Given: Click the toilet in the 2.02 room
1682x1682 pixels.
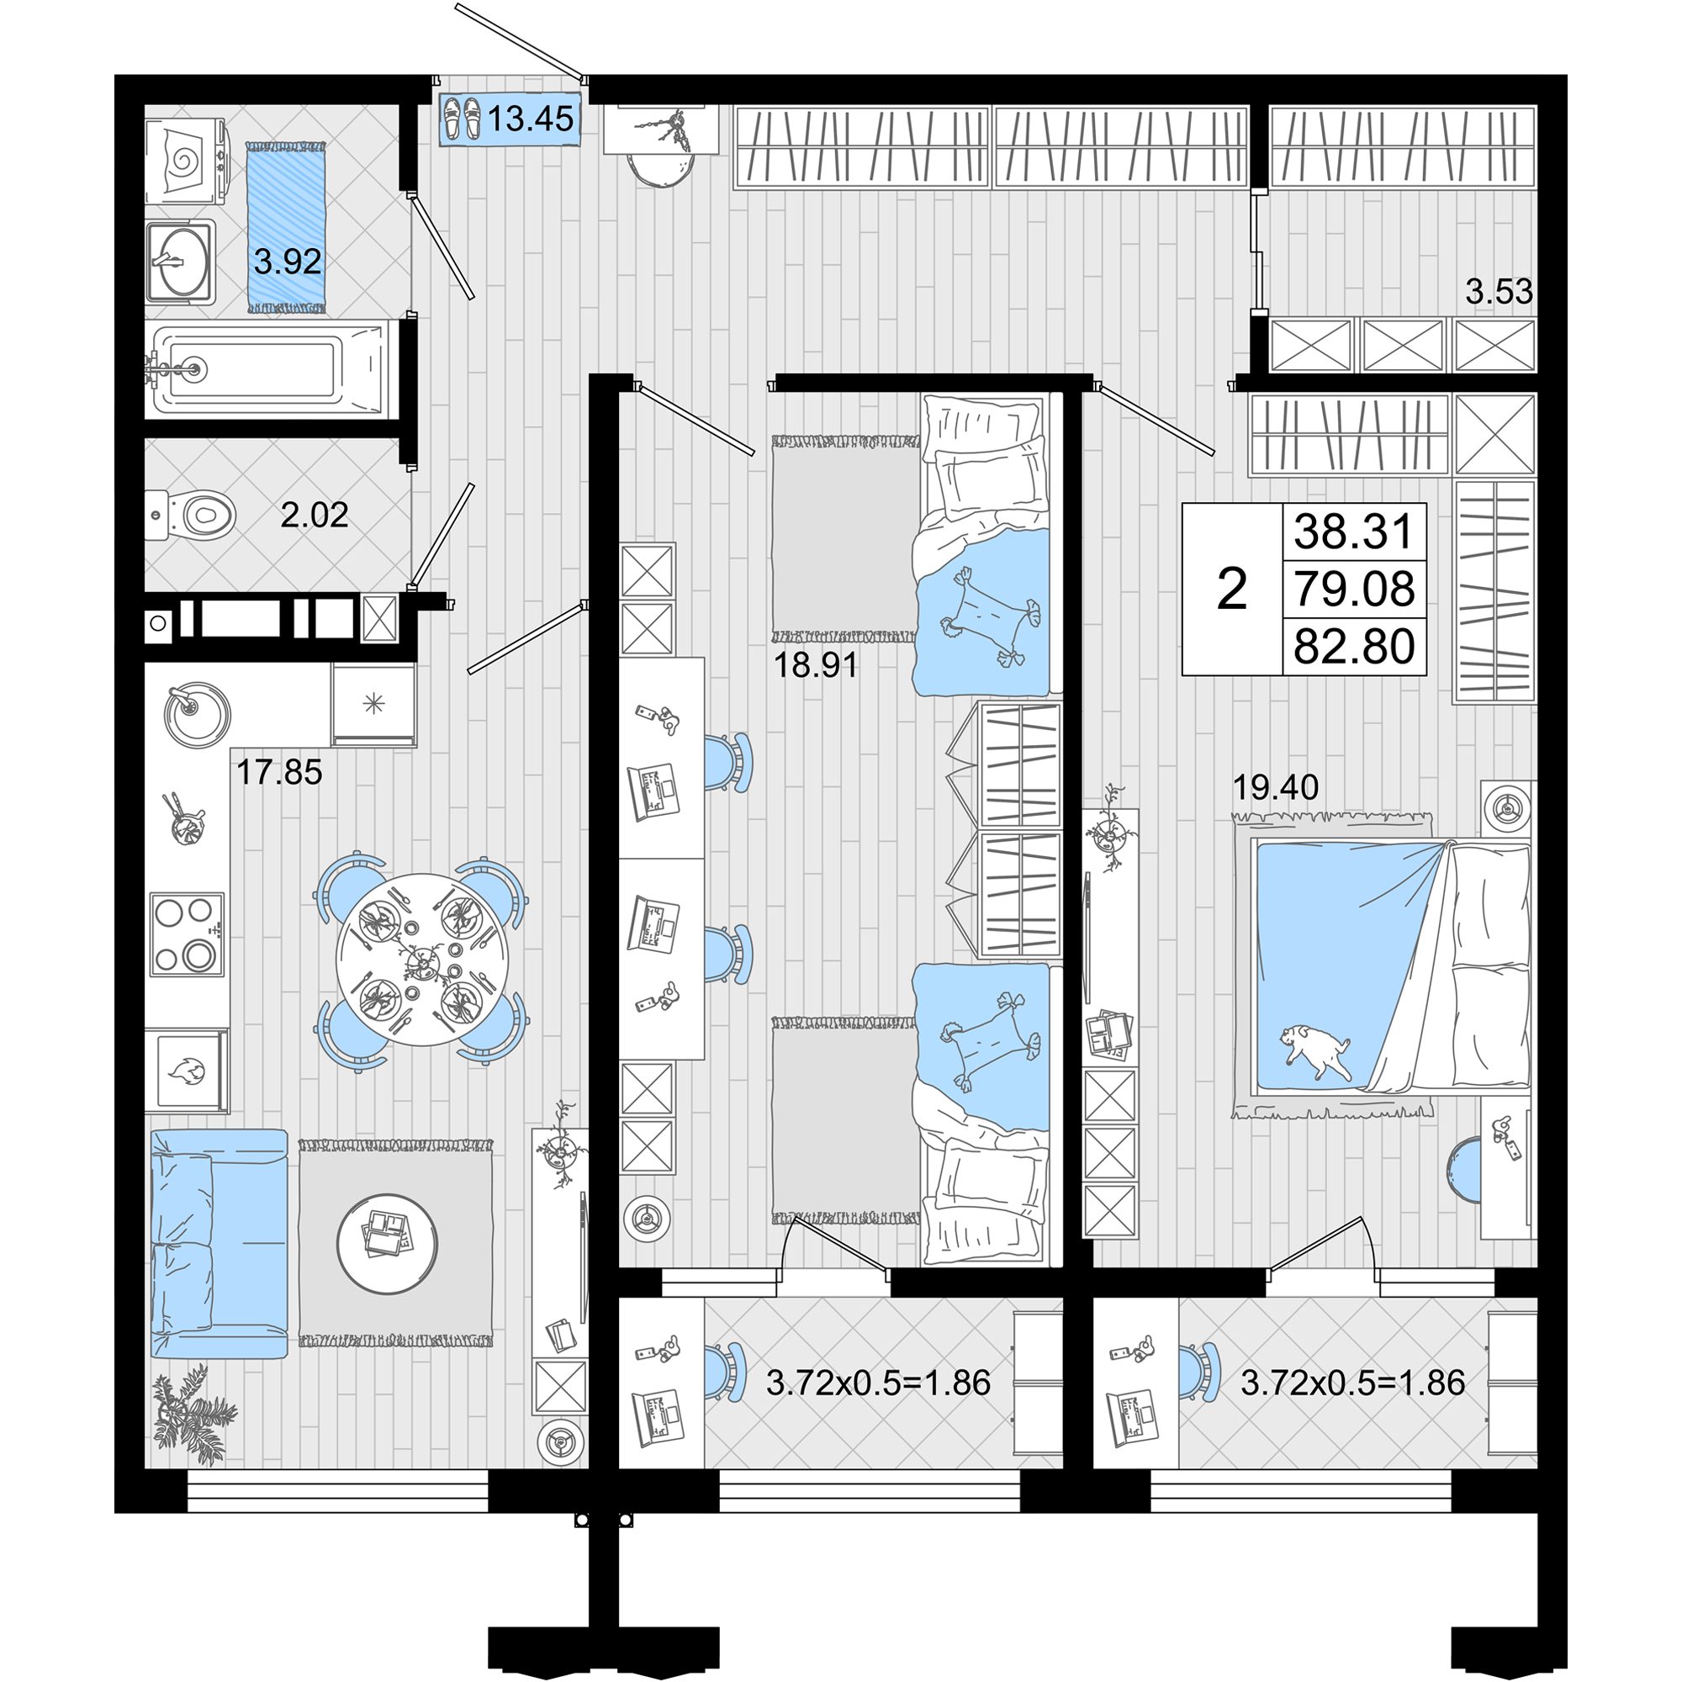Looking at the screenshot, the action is pyautogui.click(x=192, y=515).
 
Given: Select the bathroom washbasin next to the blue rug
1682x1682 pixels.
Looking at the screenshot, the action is pyautogui.click(x=180, y=262).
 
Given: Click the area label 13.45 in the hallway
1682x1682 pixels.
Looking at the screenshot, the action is pyautogui.click(x=530, y=118).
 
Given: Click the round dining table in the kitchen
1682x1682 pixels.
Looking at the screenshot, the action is pyautogui.click(x=422, y=960).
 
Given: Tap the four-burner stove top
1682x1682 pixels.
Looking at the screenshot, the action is pyautogui.click(x=188, y=934).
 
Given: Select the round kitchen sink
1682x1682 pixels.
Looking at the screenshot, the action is pyautogui.click(x=197, y=714).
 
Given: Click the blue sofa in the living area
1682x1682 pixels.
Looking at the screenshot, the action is pyautogui.click(x=219, y=1243).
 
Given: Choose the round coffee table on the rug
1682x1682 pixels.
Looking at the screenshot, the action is pyautogui.click(x=388, y=1243).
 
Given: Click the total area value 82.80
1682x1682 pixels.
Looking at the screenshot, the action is pyautogui.click(x=1354, y=648).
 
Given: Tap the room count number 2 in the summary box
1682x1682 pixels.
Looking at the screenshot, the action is pyautogui.click(x=1232, y=590).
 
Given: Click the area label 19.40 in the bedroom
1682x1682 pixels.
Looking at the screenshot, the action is pyautogui.click(x=1276, y=787).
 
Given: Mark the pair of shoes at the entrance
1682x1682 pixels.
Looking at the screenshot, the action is pyautogui.click(x=462, y=118).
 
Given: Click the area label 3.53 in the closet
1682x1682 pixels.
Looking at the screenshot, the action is pyautogui.click(x=1499, y=291).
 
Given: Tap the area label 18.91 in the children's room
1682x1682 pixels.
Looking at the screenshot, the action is pyautogui.click(x=816, y=665).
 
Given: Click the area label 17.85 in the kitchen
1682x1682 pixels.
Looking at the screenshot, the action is pyautogui.click(x=279, y=772).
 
